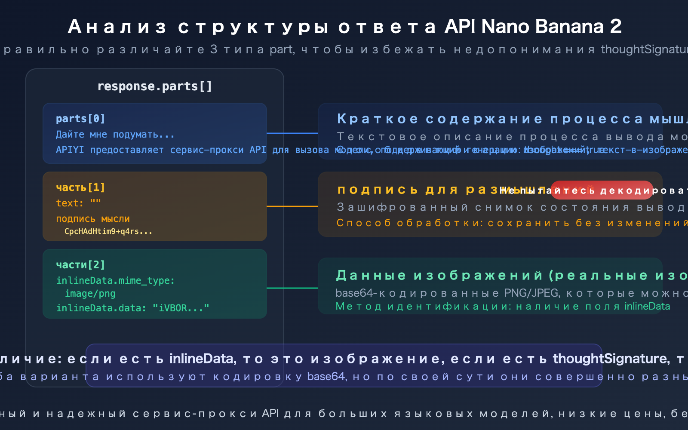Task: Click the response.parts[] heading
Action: [x=155, y=86]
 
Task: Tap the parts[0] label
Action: [x=80, y=119]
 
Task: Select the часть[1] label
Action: [x=80, y=187]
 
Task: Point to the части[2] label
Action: [x=80, y=265]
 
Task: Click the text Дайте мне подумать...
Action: [x=115, y=135]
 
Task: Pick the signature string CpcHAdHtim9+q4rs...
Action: [x=108, y=231]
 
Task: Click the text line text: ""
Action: [x=78, y=203]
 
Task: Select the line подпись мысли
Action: [x=93, y=219]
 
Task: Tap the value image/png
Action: [x=90, y=294]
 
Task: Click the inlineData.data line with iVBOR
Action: [x=132, y=308]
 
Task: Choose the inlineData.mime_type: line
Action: [x=115, y=280]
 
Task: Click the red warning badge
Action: [x=602, y=190]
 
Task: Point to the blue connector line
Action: [x=292, y=133]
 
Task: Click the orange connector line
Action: [x=292, y=206]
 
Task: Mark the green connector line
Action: [x=292, y=288]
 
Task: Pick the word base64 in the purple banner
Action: [x=326, y=377]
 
